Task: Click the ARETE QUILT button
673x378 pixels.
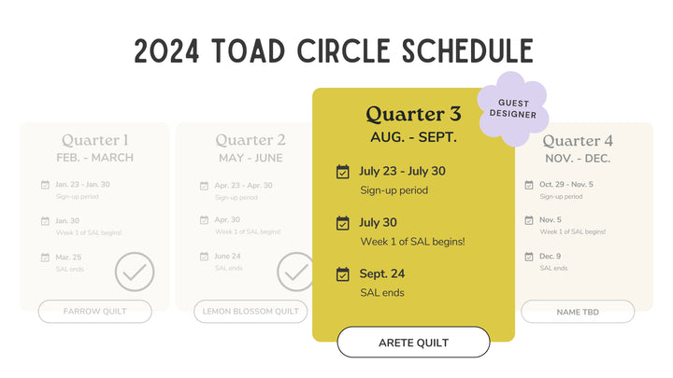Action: (x=413, y=343)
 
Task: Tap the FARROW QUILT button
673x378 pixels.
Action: (x=94, y=311)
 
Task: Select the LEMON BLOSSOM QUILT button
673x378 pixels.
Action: (x=251, y=311)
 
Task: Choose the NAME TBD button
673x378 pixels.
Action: (x=577, y=311)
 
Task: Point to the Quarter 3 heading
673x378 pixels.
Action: (x=413, y=114)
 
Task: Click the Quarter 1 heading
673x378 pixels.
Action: (x=95, y=140)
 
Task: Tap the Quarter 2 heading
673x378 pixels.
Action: (x=251, y=140)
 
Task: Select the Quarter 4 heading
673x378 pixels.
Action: (x=578, y=140)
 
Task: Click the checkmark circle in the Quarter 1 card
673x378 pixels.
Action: (x=135, y=272)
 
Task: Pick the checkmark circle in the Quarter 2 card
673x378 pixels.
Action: (x=296, y=272)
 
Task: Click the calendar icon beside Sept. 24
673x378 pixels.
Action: (x=343, y=274)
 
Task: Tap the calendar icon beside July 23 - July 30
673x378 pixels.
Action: (x=343, y=172)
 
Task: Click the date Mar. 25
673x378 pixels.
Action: (x=69, y=256)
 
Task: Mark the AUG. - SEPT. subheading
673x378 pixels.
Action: (x=413, y=137)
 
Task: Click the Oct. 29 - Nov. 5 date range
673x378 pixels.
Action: (x=566, y=184)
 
